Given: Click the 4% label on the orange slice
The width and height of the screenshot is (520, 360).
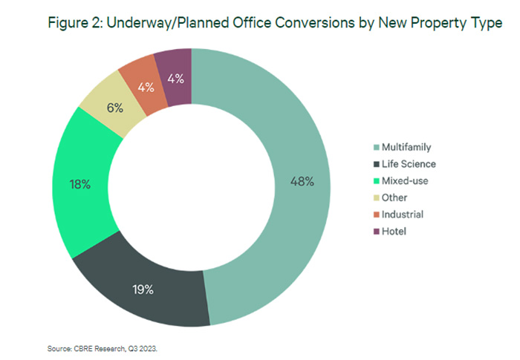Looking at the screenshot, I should click(146, 87).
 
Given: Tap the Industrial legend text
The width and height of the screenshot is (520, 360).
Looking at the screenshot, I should click(402, 215).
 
